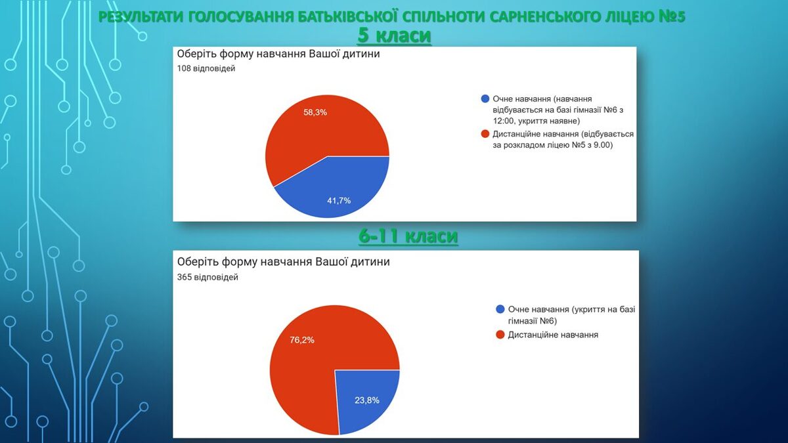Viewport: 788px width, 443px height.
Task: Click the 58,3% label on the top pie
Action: click(x=315, y=112)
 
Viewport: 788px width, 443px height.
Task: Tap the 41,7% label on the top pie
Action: click(x=339, y=201)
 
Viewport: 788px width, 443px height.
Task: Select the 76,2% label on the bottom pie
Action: click(x=302, y=340)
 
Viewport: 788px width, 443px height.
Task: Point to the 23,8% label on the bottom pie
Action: click(x=367, y=400)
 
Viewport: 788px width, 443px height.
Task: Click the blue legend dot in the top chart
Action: click(x=485, y=99)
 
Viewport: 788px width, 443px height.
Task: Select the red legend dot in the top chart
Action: click(x=485, y=134)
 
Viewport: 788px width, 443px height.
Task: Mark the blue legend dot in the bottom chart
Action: click(x=500, y=309)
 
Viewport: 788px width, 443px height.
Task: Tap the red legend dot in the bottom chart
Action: click(x=500, y=335)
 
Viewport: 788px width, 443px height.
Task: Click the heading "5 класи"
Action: click(x=394, y=36)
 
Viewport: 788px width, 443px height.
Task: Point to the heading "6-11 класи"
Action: click(x=408, y=236)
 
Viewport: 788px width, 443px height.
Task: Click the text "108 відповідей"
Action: click(x=206, y=68)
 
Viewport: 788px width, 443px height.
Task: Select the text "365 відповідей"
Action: click(x=208, y=277)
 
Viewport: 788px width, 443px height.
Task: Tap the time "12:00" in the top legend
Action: click(x=503, y=121)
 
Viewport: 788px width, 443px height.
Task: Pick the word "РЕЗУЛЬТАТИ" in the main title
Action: click(x=141, y=17)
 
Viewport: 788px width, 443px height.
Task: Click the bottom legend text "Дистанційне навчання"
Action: click(x=553, y=335)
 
